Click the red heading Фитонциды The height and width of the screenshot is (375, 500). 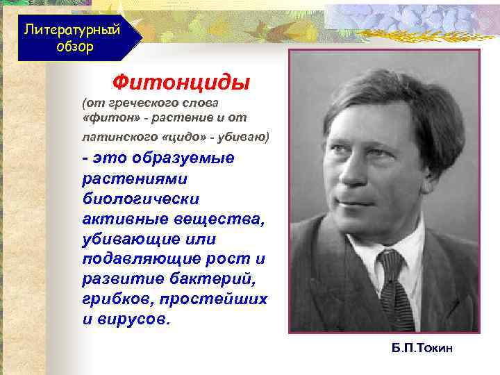[x=181, y=83]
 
